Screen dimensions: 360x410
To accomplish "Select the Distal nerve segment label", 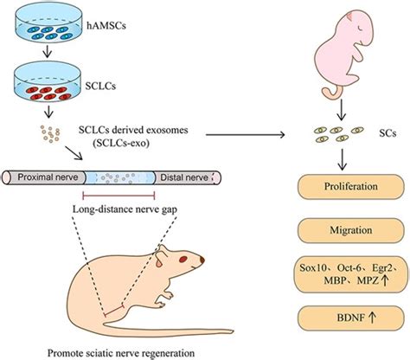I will (188, 177).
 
